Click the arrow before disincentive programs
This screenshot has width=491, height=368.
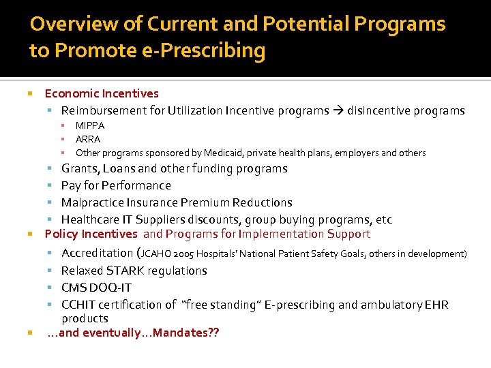[338, 111]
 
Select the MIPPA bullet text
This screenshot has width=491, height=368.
[90, 125]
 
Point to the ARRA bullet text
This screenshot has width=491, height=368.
[88, 139]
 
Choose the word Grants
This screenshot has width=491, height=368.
[80, 168]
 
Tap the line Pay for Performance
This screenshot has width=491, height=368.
[116, 185]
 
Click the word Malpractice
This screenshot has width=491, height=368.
[92, 202]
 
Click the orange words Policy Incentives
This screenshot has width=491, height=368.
[91, 234]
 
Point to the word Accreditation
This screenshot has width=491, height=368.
[98, 254]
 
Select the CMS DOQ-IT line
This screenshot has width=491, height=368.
[95, 288]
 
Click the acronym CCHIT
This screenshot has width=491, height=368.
[79, 305]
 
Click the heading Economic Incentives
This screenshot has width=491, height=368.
[102, 93]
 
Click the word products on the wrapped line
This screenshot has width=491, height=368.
[85, 318]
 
